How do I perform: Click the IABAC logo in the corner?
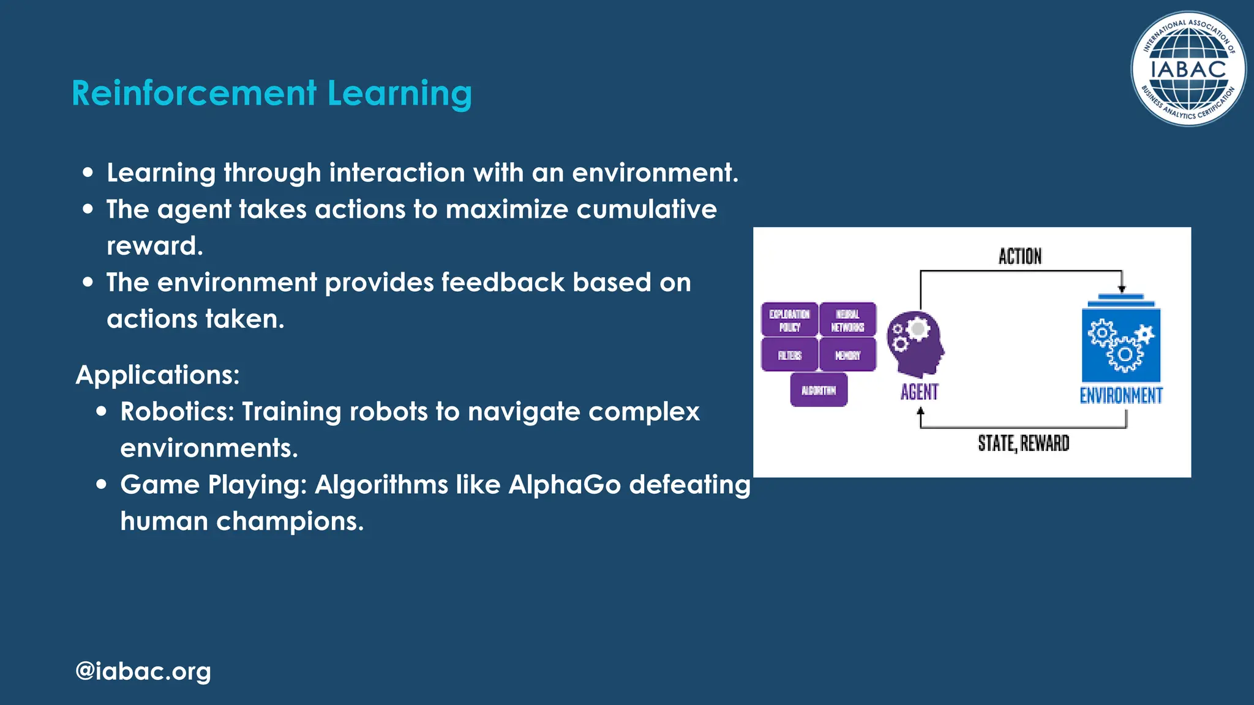coord(1187,69)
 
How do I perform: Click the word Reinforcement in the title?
coord(194,94)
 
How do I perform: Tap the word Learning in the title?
coord(399,94)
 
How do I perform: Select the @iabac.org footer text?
coord(143,671)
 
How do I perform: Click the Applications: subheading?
coord(157,375)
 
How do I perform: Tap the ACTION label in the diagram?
coord(1019,256)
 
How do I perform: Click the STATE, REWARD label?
coord(1023,443)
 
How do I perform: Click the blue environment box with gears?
coord(1121,345)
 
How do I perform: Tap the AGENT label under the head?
coord(919,392)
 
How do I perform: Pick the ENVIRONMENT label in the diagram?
coord(1121,395)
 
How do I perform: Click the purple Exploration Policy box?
coord(789,320)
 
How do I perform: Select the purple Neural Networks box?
coord(847,320)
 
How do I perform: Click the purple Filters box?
coord(789,355)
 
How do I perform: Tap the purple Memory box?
coord(847,355)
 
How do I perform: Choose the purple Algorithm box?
coord(819,390)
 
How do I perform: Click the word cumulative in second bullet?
coord(647,209)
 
